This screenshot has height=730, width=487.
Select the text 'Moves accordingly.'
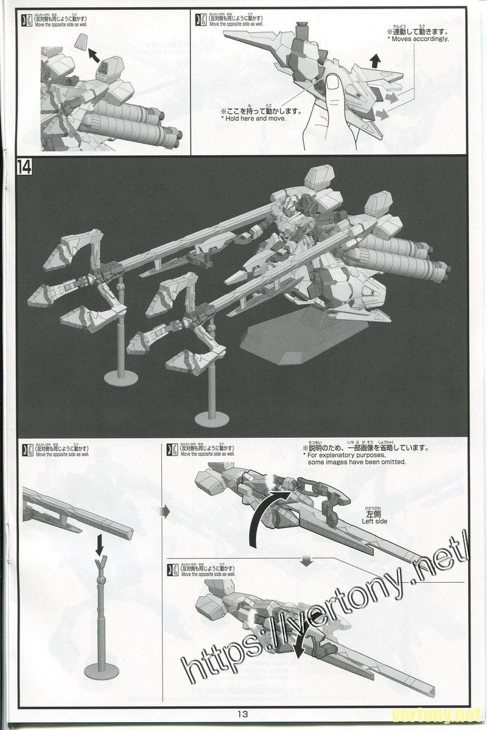coord(418,39)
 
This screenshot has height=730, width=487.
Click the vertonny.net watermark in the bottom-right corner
coord(447,712)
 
